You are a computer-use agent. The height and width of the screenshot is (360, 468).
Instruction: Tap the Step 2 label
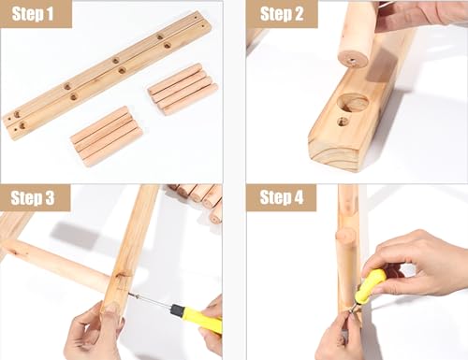pos(281,13)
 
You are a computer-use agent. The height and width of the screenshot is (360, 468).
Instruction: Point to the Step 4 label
pos(281,197)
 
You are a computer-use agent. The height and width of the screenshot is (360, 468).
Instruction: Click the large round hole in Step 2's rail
pos(353,102)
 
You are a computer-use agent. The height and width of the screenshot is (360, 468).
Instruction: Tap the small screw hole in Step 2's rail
pos(343,121)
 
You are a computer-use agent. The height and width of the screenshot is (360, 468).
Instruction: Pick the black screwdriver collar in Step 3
pos(176,310)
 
